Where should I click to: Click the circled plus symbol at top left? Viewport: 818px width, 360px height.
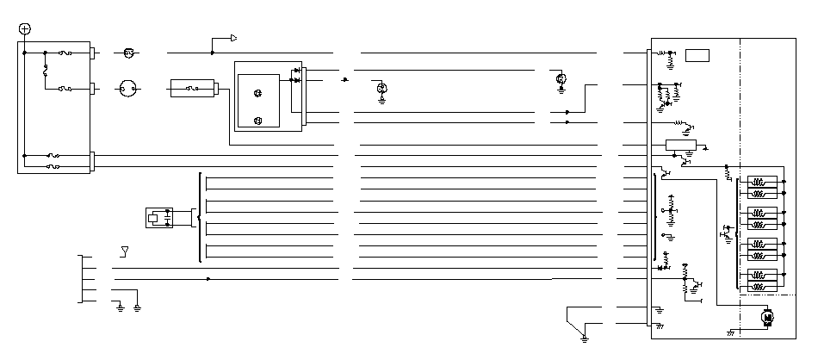tap(24, 28)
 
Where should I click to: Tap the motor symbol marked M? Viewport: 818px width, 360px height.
tap(767, 318)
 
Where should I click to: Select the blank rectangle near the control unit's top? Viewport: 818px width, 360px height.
tap(697, 56)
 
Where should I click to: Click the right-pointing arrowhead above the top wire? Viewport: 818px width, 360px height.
tap(232, 38)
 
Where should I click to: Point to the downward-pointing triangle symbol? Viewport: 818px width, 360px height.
tap(125, 251)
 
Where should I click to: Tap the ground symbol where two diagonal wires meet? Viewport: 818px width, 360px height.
tap(584, 337)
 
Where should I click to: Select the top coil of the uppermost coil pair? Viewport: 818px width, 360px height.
tap(760, 182)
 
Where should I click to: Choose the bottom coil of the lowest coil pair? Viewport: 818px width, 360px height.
tap(760, 288)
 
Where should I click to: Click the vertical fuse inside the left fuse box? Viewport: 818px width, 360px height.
tap(45, 75)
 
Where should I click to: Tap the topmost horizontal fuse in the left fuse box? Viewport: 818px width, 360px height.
tap(65, 53)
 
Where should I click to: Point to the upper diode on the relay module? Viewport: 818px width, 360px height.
tap(297, 71)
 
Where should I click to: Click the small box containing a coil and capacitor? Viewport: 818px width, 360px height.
tap(159, 216)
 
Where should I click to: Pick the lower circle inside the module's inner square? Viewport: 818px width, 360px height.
tap(257, 120)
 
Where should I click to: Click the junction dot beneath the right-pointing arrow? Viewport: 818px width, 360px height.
tap(212, 53)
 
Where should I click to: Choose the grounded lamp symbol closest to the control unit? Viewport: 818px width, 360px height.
tap(561, 80)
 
